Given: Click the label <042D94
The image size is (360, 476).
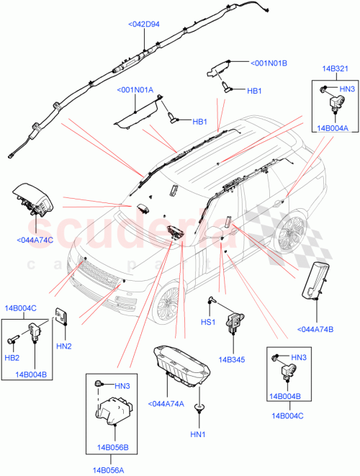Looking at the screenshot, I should pyautogui.click(x=144, y=24).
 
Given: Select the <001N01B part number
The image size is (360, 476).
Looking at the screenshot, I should pyautogui.click(x=269, y=63).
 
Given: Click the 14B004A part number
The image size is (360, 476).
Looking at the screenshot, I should pyautogui.click(x=331, y=127).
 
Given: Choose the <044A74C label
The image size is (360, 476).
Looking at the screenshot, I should pyautogui.click(x=35, y=239).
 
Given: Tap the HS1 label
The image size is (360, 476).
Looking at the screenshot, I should pyautogui.click(x=207, y=322).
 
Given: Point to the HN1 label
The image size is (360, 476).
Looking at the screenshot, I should pyautogui.click(x=197, y=434).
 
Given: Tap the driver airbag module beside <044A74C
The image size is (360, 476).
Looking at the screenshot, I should pyautogui.click(x=32, y=201).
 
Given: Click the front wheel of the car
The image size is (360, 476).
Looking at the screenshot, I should pyautogui.click(x=170, y=303).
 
